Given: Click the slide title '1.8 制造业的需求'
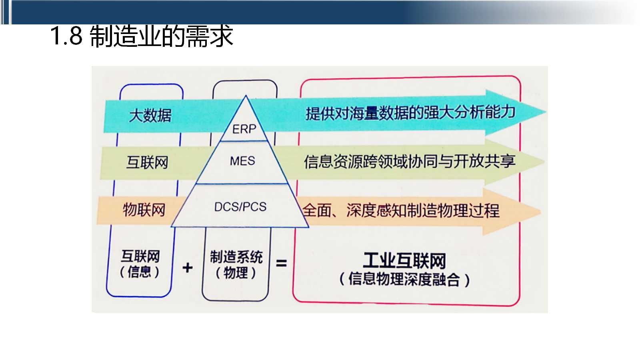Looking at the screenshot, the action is point(141,36).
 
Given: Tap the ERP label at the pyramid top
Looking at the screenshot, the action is point(244,129).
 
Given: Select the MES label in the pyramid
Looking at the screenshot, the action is point(242,161).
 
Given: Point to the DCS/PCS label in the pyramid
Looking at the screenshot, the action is point(240,207).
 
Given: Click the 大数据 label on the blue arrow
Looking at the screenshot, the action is point(150,116).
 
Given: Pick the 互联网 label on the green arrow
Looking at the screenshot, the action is point(147,163).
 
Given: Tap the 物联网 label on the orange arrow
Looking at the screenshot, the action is point(144,210).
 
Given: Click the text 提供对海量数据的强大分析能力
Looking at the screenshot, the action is point(410,113).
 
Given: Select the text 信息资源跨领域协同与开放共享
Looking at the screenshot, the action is point(410,161).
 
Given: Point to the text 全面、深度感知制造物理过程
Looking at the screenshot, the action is point(401,210).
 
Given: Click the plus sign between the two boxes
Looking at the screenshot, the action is point(187,267).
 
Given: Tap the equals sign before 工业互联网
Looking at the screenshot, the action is point(282,263).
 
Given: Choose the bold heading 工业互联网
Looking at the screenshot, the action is point(404,261).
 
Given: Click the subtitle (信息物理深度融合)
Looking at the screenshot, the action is point(404,279).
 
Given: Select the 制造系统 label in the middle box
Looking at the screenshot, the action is point(236,257).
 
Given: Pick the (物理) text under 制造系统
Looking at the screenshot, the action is point(236,273).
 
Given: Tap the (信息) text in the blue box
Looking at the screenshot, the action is point(140,272).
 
